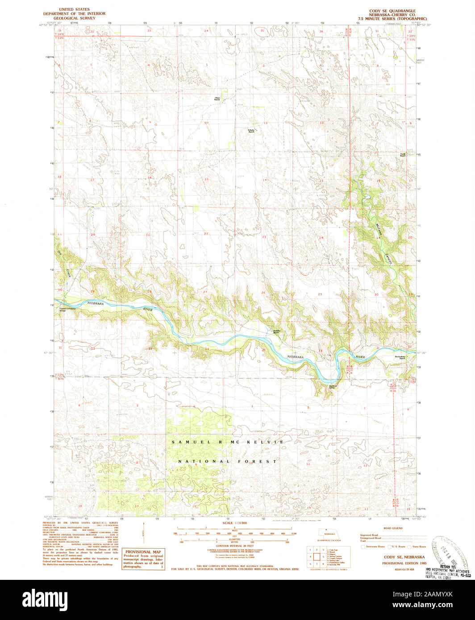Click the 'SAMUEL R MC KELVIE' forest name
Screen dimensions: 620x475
[228, 442]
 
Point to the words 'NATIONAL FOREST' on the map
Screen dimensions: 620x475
[228, 461]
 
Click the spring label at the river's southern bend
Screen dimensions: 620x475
[333, 387]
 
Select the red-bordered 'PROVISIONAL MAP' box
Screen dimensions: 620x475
[143, 559]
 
